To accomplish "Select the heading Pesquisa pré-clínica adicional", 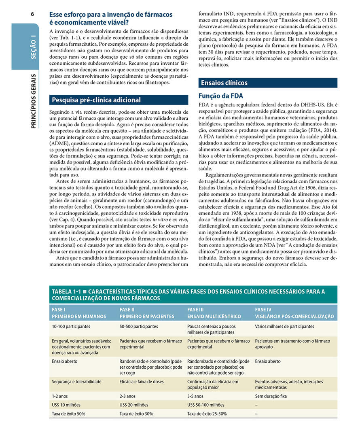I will click(96, 100).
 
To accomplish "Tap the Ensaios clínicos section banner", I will click(224, 83).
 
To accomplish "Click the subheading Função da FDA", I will click(220, 96).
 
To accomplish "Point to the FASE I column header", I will click(79, 313).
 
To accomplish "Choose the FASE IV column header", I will click(294, 313).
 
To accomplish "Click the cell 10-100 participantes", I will click(71, 326).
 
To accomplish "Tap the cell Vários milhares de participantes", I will click(284, 326).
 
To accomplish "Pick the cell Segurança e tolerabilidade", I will click(76, 381).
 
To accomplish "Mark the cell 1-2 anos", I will click(60, 396).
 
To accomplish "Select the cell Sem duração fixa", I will click(271, 396).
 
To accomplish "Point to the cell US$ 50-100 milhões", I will click(205, 405).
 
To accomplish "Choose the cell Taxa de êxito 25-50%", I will click(207, 414).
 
